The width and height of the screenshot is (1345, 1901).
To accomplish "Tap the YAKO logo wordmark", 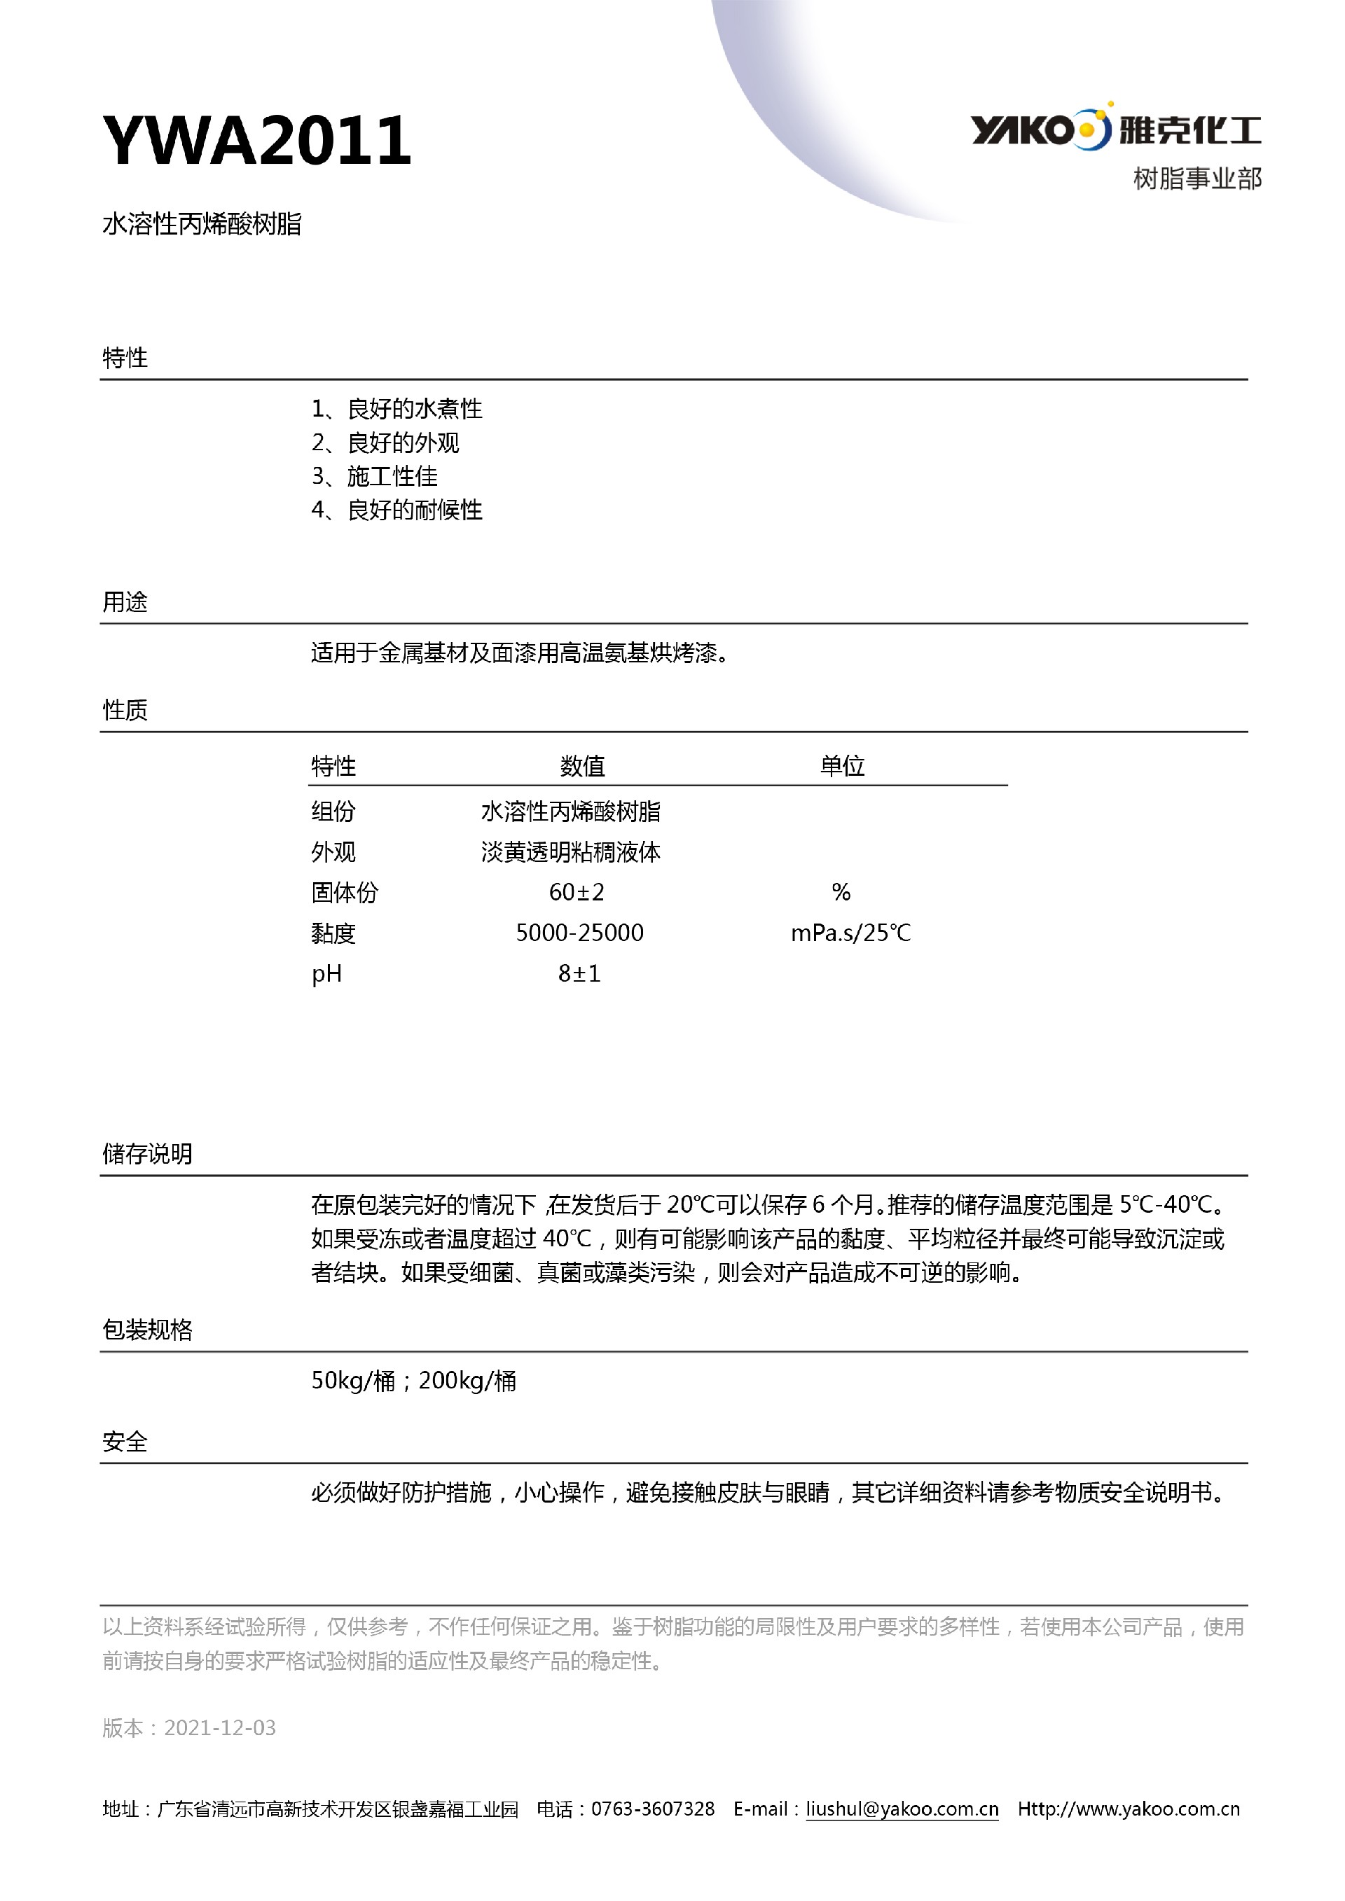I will tap(1023, 130).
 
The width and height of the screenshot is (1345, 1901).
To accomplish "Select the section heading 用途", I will tap(125, 602).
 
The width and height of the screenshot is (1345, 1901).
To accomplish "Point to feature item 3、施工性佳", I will tap(374, 476).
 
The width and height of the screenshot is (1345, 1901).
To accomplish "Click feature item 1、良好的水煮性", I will tap(396, 408).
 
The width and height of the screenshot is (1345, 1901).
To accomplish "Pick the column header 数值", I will tap(582, 766).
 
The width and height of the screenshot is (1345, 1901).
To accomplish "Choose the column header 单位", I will tap(842, 766).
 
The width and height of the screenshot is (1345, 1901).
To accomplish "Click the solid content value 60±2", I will tap(577, 892).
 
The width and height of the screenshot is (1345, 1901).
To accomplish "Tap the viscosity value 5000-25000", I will tap(580, 933).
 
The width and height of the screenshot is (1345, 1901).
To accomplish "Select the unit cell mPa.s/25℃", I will tap(850, 933).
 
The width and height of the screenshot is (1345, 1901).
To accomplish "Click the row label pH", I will tap(326, 974).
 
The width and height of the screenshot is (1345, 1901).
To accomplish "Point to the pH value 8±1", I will tap(579, 974).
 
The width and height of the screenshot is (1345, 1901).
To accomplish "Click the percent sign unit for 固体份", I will tap(841, 892).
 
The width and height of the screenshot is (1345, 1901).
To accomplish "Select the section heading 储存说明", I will tap(147, 1153).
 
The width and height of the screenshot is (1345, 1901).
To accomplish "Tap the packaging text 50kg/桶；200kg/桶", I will tap(413, 1380).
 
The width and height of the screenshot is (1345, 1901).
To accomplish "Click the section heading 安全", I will tap(125, 1442).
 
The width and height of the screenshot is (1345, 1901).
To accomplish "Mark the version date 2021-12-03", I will tap(219, 1727).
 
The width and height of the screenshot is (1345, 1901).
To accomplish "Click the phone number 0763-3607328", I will tap(653, 1809).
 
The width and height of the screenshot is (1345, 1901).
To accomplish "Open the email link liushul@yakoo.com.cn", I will tap(902, 1809).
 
